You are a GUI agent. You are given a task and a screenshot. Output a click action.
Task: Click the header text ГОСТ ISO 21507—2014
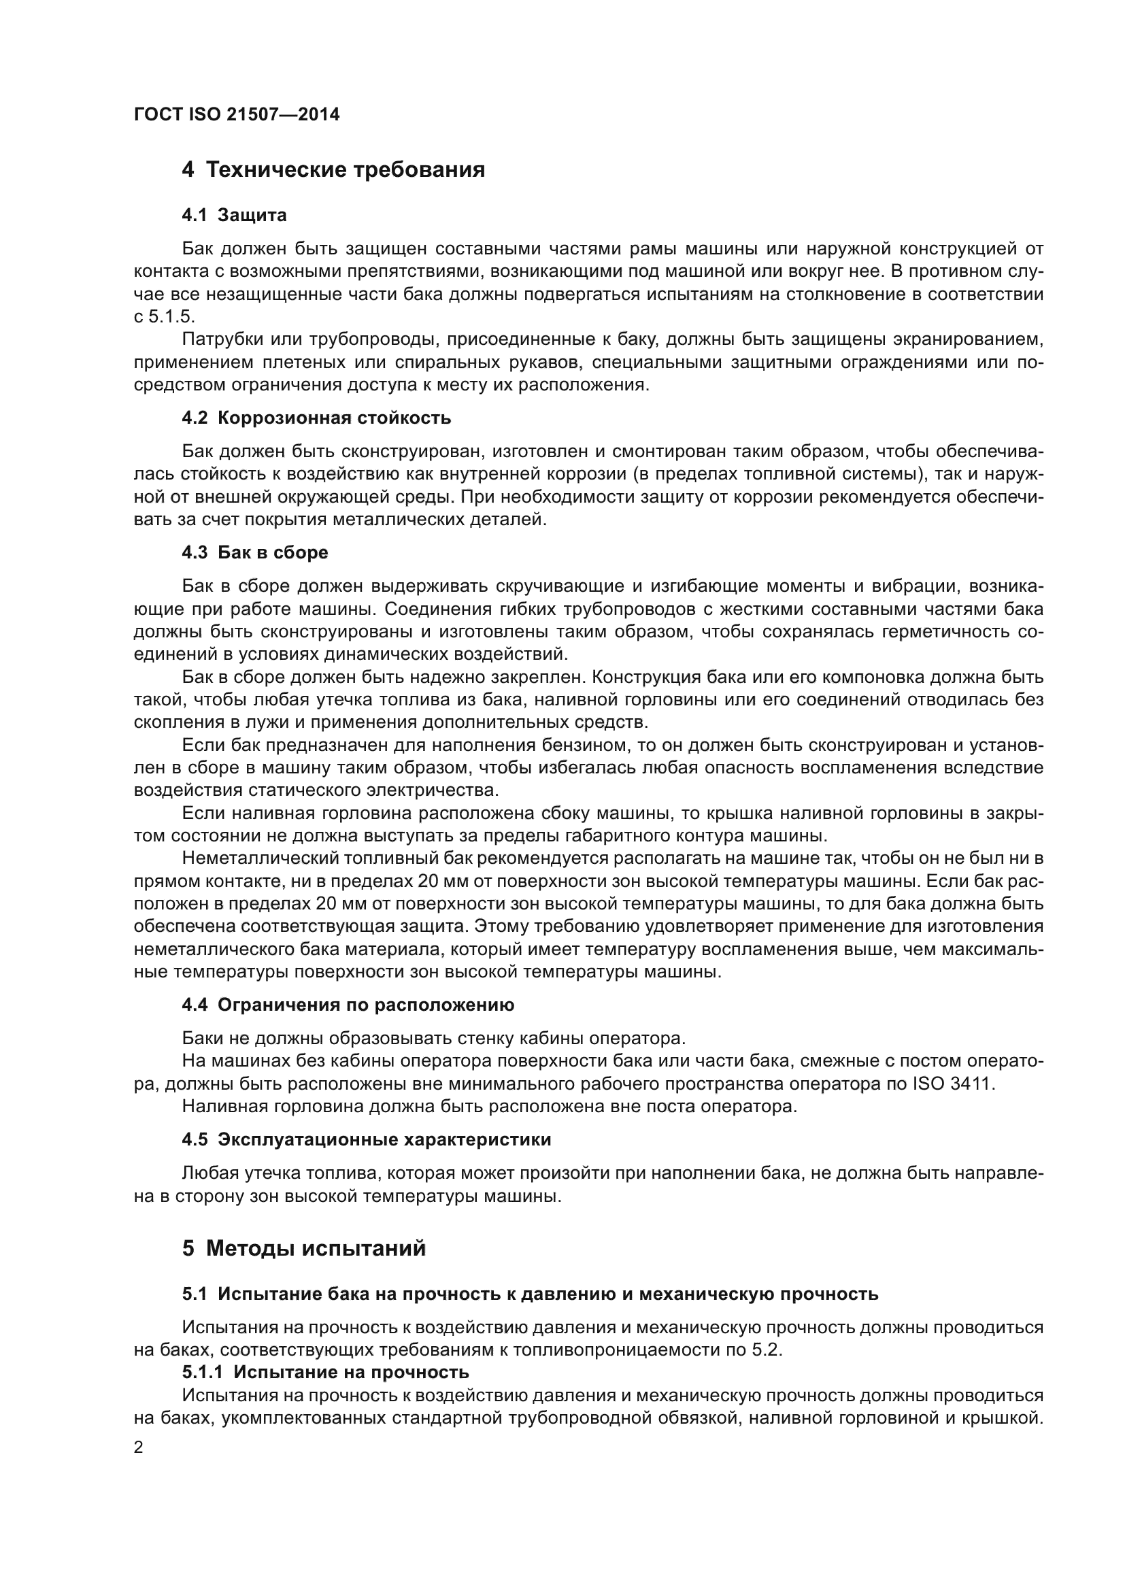(x=237, y=115)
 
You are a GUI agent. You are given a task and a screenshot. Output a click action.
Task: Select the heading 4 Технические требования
(x=333, y=170)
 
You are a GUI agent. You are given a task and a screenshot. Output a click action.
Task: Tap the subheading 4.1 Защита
(x=234, y=216)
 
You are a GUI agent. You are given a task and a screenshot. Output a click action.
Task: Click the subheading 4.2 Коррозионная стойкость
(x=316, y=418)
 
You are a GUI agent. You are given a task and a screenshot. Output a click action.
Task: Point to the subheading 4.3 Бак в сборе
(x=255, y=553)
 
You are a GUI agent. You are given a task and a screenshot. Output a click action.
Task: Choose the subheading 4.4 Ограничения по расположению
(x=348, y=1005)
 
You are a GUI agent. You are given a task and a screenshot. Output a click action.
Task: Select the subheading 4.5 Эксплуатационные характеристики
(x=367, y=1140)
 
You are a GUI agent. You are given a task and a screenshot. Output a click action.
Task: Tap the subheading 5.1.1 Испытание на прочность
(x=326, y=1372)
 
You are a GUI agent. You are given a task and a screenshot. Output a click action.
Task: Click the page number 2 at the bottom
(x=139, y=1447)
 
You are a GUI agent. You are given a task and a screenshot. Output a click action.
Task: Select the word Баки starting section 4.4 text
(x=203, y=1039)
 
